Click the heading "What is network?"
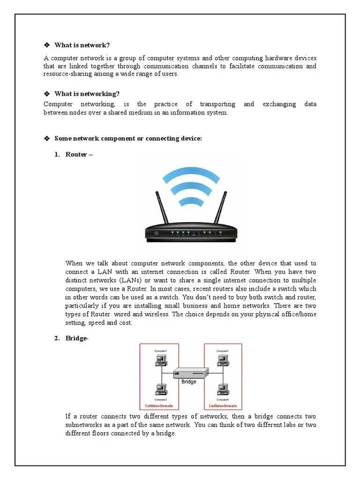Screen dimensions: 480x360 click(x=82, y=45)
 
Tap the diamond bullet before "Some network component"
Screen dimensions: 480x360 click(x=46, y=139)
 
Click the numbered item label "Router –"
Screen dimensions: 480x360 click(x=79, y=155)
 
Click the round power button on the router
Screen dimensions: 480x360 click(x=156, y=233)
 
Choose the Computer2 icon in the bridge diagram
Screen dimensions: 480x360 click(x=161, y=389)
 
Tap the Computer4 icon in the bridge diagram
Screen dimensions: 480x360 click(x=222, y=389)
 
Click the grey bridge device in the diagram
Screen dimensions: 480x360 click(x=191, y=373)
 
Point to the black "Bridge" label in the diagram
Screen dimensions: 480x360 click(x=189, y=382)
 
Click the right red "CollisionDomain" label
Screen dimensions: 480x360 click(x=223, y=406)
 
